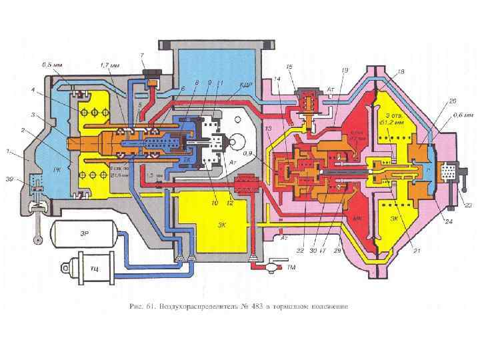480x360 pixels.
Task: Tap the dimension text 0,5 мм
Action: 53,65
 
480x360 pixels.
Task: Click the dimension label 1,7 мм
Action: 110,65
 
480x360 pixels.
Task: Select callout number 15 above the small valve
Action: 289,67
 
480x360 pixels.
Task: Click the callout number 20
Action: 452,101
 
